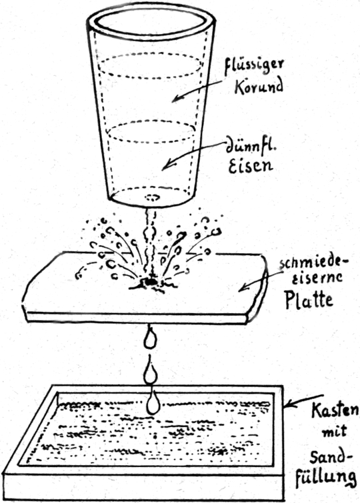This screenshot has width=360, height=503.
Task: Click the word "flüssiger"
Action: pyautogui.click(x=255, y=67)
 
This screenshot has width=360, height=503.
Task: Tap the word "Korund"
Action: pyautogui.click(x=259, y=87)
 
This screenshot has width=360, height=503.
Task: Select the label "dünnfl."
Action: pyautogui.click(x=251, y=147)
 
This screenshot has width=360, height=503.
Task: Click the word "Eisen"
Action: pyautogui.click(x=251, y=166)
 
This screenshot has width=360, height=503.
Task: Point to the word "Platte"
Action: pyautogui.click(x=309, y=300)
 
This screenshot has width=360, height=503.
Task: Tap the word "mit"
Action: pyautogui.click(x=334, y=432)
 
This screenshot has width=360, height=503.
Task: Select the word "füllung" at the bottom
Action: pyautogui.click(x=325, y=479)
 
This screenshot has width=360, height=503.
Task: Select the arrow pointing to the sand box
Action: pyautogui.click(x=297, y=404)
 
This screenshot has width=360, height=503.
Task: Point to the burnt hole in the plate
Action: pyautogui.click(x=150, y=282)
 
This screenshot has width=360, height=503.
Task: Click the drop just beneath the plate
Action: pyautogui.click(x=150, y=337)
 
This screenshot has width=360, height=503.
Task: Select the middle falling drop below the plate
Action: pyautogui.click(x=150, y=371)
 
